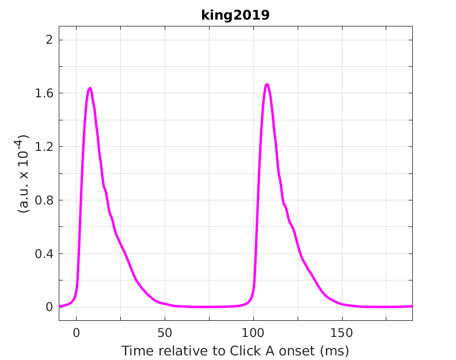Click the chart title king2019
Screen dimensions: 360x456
(x=235, y=16)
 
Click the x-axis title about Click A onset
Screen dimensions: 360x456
(x=235, y=350)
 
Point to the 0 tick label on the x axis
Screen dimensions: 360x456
(x=76, y=332)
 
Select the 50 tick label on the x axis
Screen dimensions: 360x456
(x=165, y=332)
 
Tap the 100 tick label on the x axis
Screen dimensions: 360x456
(x=253, y=332)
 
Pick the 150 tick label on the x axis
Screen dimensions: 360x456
(x=342, y=332)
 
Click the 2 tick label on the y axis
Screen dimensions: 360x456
(x=50, y=40)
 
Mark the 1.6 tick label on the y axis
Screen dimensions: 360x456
(x=46, y=93)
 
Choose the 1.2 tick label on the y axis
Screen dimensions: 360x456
(x=46, y=147)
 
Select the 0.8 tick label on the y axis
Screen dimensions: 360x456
(x=46, y=200)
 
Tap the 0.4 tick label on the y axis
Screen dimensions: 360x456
(x=46, y=254)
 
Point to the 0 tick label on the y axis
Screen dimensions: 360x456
(x=50, y=307)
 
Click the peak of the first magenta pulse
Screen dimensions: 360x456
(x=90, y=88)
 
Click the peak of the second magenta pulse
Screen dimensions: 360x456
(x=267, y=85)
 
